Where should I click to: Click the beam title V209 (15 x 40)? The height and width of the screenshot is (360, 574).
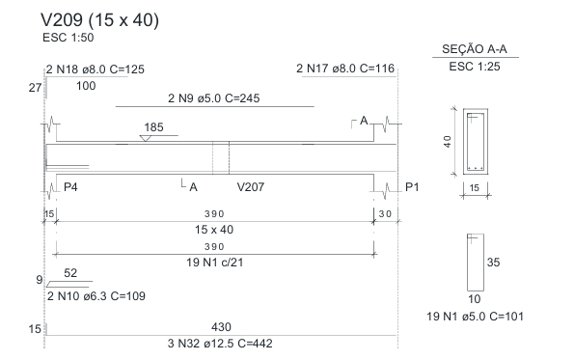(x=99, y=20)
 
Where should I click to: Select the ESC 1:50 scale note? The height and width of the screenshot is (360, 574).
(x=68, y=38)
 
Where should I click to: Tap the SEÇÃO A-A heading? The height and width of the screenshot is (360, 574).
(x=475, y=48)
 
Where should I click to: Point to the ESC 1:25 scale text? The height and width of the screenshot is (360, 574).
(x=475, y=67)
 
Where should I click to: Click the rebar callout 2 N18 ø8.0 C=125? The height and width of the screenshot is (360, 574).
(x=96, y=69)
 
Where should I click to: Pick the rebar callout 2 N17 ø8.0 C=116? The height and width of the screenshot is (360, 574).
(x=345, y=69)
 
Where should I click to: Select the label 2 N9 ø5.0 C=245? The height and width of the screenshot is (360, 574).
(x=214, y=98)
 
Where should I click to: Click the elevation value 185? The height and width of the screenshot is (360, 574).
(x=153, y=127)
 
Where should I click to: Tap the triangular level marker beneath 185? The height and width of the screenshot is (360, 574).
(x=146, y=138)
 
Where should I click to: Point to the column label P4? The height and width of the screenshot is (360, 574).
(x=70, y=187)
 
